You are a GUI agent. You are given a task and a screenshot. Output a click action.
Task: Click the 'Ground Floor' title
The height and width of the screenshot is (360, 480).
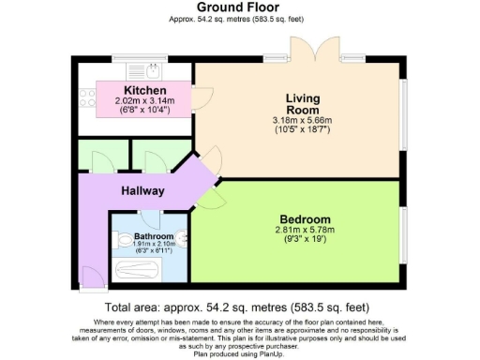(x=239, y=7)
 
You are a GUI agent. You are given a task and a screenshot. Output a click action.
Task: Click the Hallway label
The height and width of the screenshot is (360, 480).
(x=142, y=190)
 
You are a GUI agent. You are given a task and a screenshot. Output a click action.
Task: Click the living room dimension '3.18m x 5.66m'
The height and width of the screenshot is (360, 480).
(x=302, y=120)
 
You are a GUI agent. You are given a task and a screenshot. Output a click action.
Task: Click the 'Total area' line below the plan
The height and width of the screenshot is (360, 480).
(x=240, y=307)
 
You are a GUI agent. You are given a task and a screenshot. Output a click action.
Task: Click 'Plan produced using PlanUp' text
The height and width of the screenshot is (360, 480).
(x=240, y=354)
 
